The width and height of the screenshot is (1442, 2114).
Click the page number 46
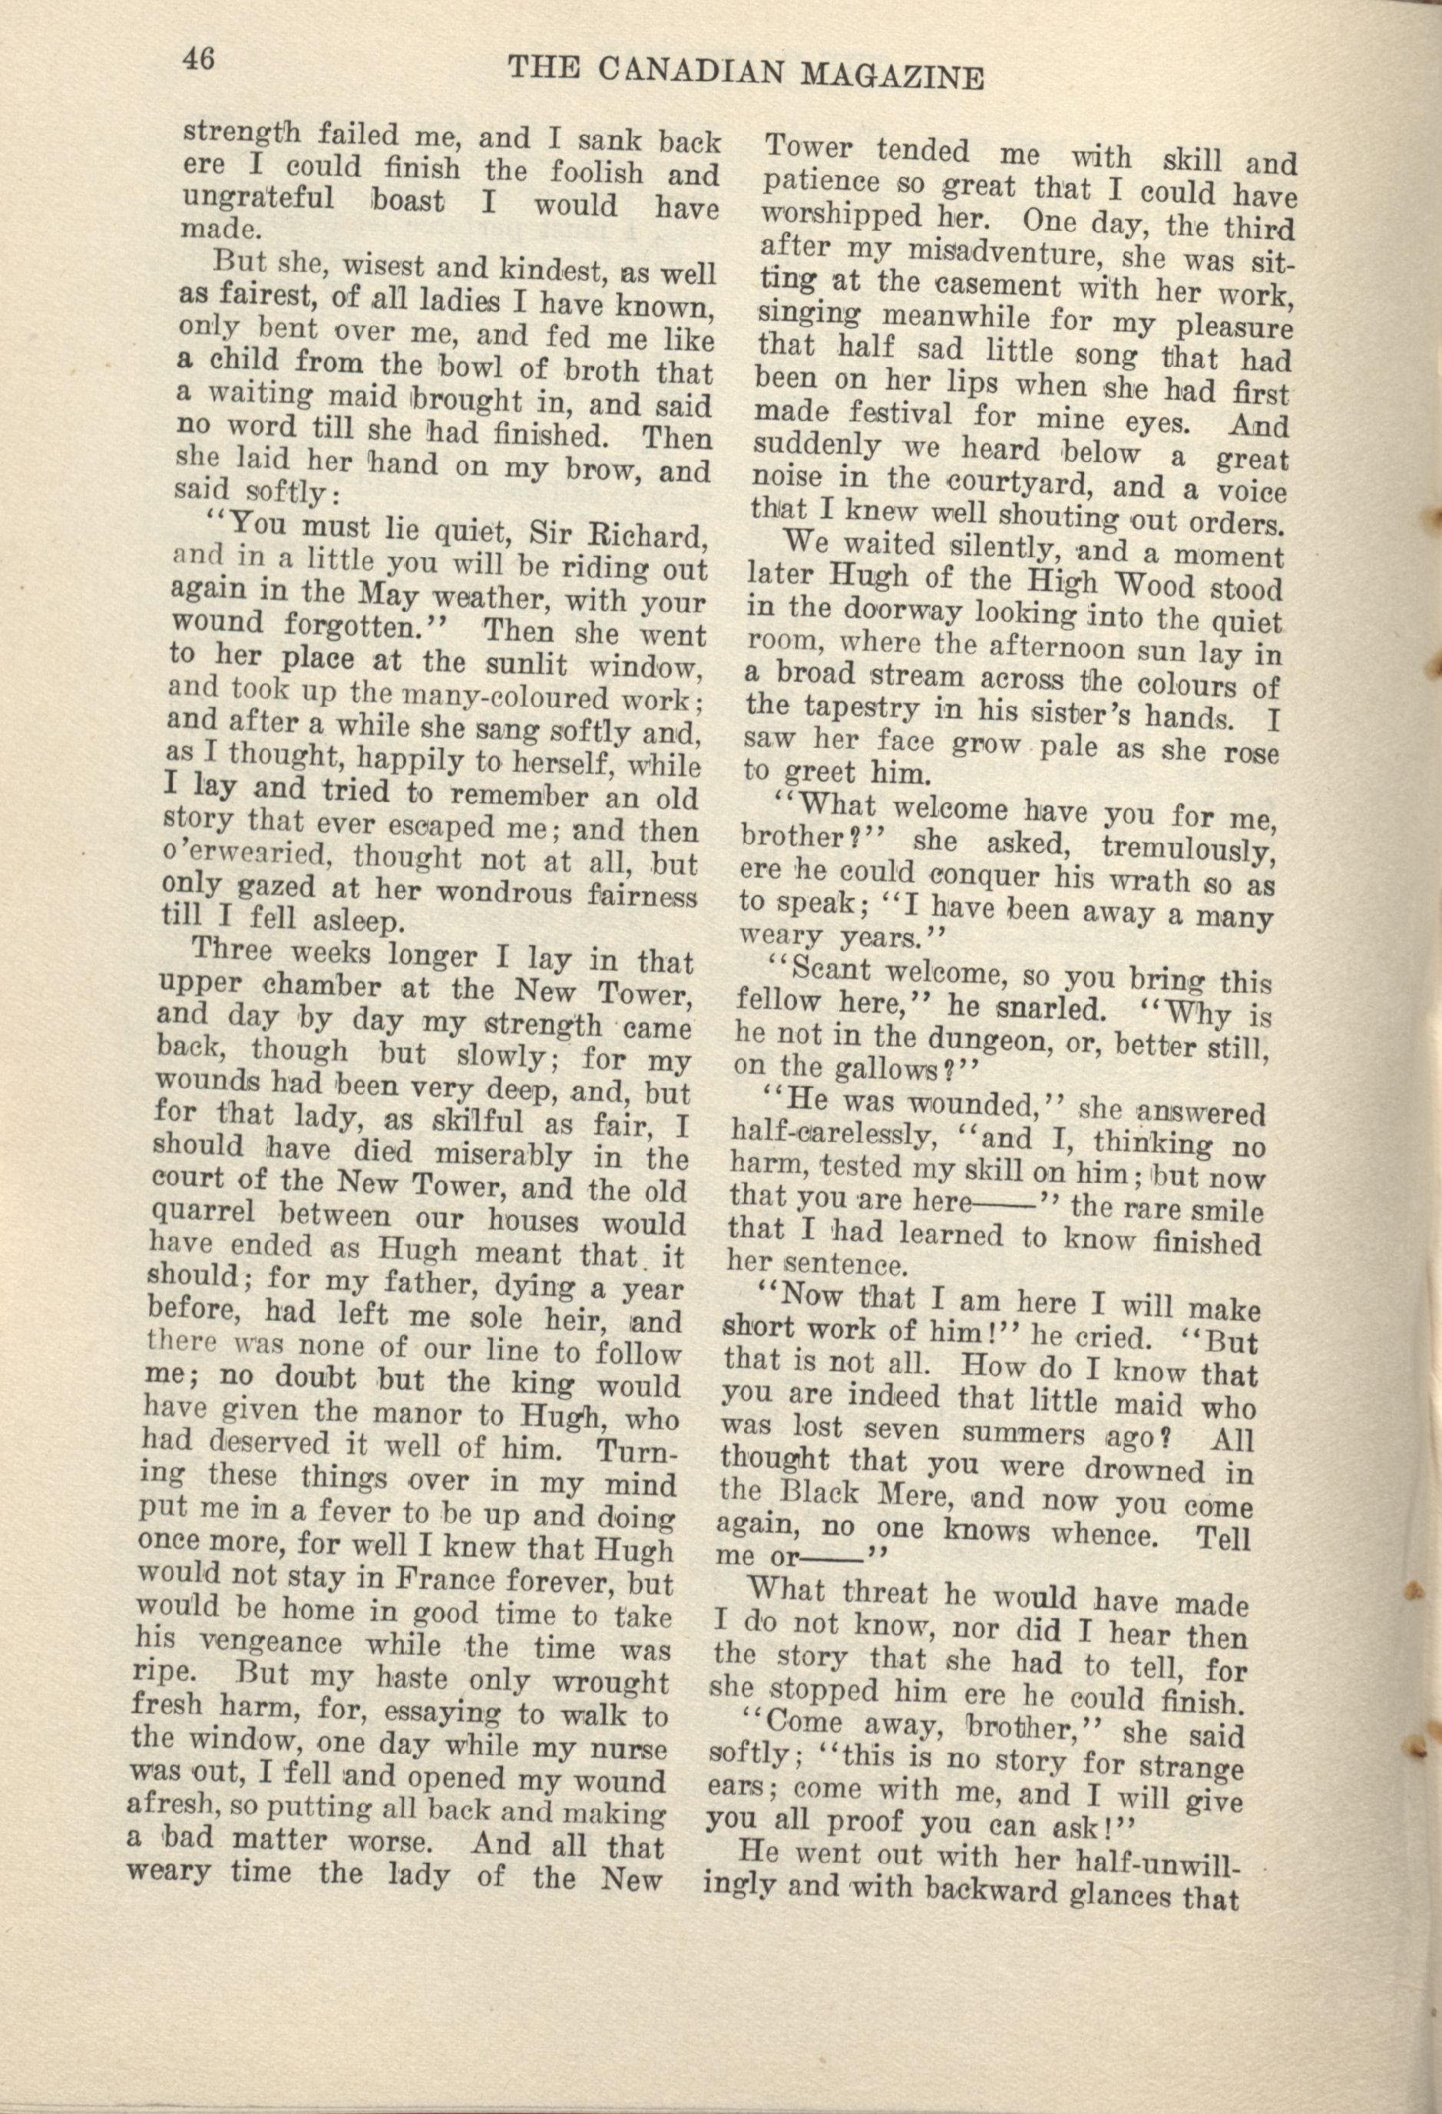pos(198,59)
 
